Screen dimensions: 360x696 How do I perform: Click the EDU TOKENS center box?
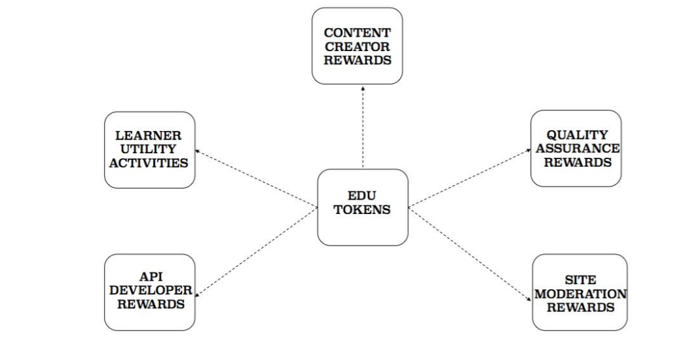pyautogui.click(x=362, y=207)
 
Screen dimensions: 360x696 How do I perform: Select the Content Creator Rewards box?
pyautogui.click(x=356, y=45)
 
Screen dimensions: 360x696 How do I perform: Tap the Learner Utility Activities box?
pyautogui.click(x=150, y=149)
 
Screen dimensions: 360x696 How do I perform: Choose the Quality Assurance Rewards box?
pyautogui.click(x=576, y=148)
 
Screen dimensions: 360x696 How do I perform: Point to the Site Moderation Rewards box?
pyautogui.click(x=579, y=293)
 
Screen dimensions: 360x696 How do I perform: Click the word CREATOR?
pyautogui.click(x=356, y=45)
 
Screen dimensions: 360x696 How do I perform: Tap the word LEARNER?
pyautogui.click(x=150, y=135)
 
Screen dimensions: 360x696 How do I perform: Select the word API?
pyautogui.click(x=150, y=278)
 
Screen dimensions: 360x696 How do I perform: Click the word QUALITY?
pyautogui.click(x=576, y=135)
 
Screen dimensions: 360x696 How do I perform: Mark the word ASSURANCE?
pyautogui.click(x=576, y=149)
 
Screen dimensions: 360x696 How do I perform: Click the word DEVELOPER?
pyautogui.click(x=150, y=291)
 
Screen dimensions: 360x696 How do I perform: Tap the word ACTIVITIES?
pyautogui.click(x=150, y=162)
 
